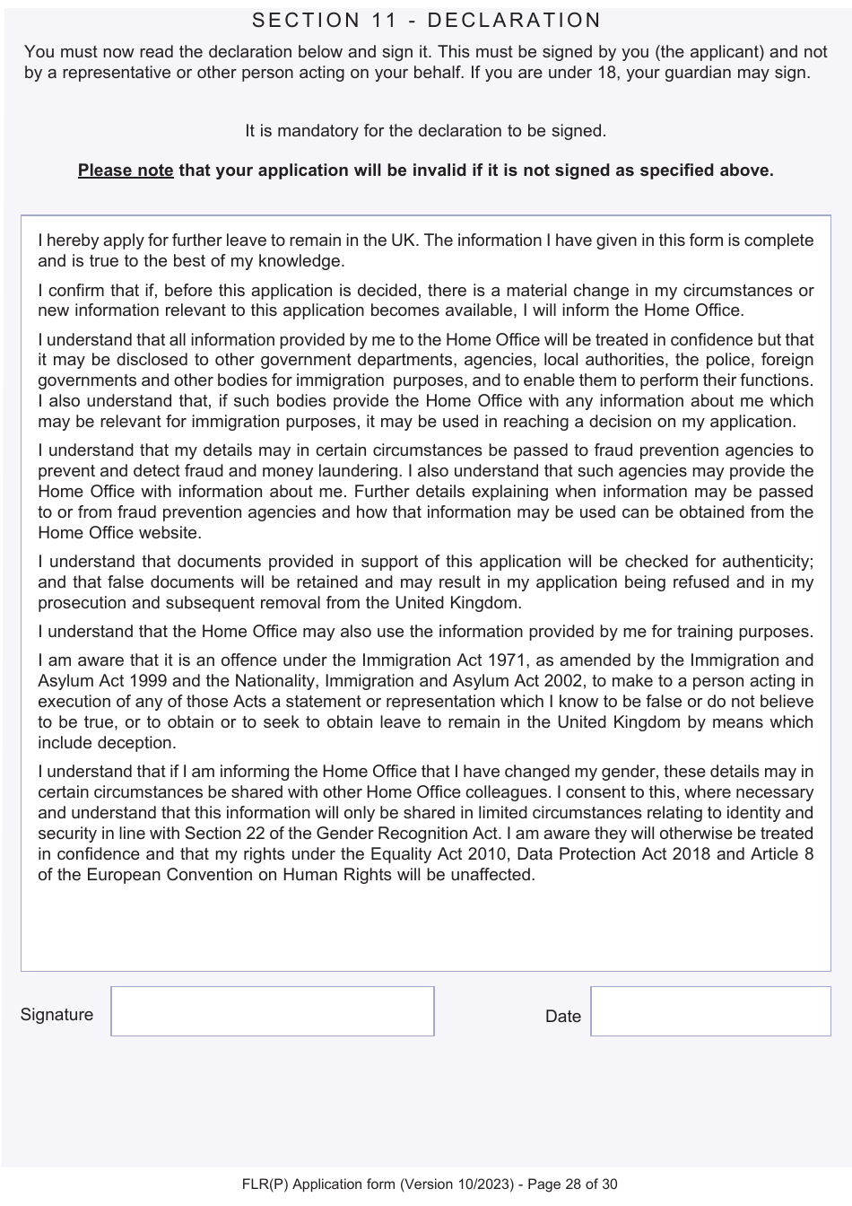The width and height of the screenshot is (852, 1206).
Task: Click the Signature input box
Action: [x=273, y=1011]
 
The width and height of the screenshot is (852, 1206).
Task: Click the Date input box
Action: [x=710, y=1011]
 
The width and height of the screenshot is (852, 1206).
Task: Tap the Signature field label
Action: [x=57, y=1015]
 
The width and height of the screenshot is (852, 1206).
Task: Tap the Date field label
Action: [x=562, y=1017]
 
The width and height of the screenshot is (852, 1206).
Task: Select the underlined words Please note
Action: [x=126, y=170]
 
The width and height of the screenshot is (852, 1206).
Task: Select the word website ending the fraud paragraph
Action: [x=170, y=533]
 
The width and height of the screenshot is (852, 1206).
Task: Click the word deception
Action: [x=142, y=743]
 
